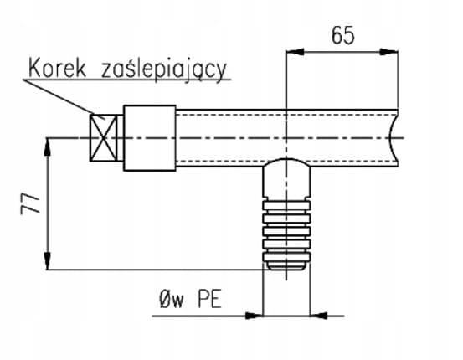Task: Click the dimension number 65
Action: coord(342,35)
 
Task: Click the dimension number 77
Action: coord(30,203)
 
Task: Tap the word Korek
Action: coord(57,69)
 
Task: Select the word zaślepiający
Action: coord(164,71)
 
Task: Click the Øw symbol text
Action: coord(171,299)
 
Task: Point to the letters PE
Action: coord(209,299)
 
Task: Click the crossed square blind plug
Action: coord(103,138)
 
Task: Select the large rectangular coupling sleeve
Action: coord(150,138)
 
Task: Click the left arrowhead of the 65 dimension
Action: coord(295,52)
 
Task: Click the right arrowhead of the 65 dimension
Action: coord(388,52)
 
